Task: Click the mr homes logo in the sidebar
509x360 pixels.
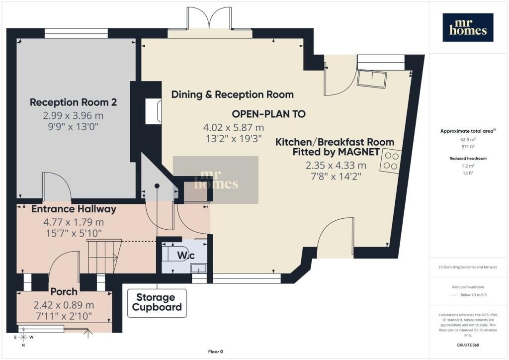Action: (x=468, y=27)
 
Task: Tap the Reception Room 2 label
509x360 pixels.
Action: (x=74, y=102)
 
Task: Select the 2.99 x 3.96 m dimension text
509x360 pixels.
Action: (x=74, y=115)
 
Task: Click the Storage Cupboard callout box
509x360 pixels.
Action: (x=157, y=303)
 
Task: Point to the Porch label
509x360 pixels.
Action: (x=64, y=291)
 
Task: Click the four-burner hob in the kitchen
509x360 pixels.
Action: (x=391, y=161)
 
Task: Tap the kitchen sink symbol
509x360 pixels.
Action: (x=372, y=79)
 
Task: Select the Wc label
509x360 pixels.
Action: (x=186, y=255)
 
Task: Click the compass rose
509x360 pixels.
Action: (x=23, y=337)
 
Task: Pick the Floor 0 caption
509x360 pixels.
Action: (x=216, y=352)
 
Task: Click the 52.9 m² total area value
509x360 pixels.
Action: (x=468, y=140)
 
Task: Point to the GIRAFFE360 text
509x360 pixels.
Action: (x=468, y=345)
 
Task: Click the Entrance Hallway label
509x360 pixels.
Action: (x=74, y=209)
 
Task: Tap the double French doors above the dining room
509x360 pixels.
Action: (x=210, y=18)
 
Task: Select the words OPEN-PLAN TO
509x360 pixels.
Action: (x=269, y=114)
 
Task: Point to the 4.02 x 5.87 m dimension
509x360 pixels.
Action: (x=234, y=128)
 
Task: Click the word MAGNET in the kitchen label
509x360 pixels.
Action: (x=359, y=152)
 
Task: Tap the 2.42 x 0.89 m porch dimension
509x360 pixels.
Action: (x=64, y=305)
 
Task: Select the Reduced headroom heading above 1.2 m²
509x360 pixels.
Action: (x=468, y=159)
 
